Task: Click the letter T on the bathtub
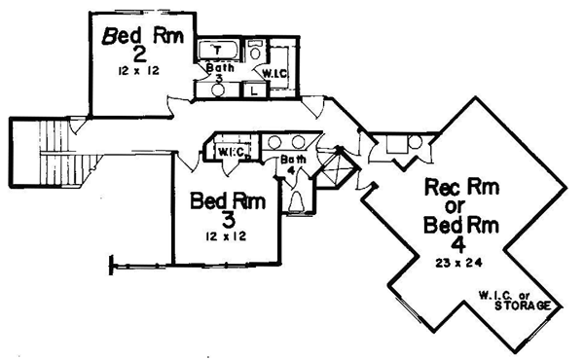(218, 50)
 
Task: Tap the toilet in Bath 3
(255, 51)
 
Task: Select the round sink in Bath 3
(217, 90)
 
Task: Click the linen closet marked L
(254, 90)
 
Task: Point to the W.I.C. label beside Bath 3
(274, 74)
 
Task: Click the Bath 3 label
(220, 73)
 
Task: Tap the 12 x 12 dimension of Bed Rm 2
(138, 71)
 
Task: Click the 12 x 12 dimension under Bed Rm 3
(226, 236)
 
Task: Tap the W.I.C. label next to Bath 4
(232, 152)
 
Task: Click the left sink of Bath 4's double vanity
(274, 142)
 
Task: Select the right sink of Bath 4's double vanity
(299, 142)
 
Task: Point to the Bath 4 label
(294, 164)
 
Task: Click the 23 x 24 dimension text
(458, 263)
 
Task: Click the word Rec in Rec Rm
(443, 187)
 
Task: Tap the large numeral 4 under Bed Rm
(458, 245)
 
